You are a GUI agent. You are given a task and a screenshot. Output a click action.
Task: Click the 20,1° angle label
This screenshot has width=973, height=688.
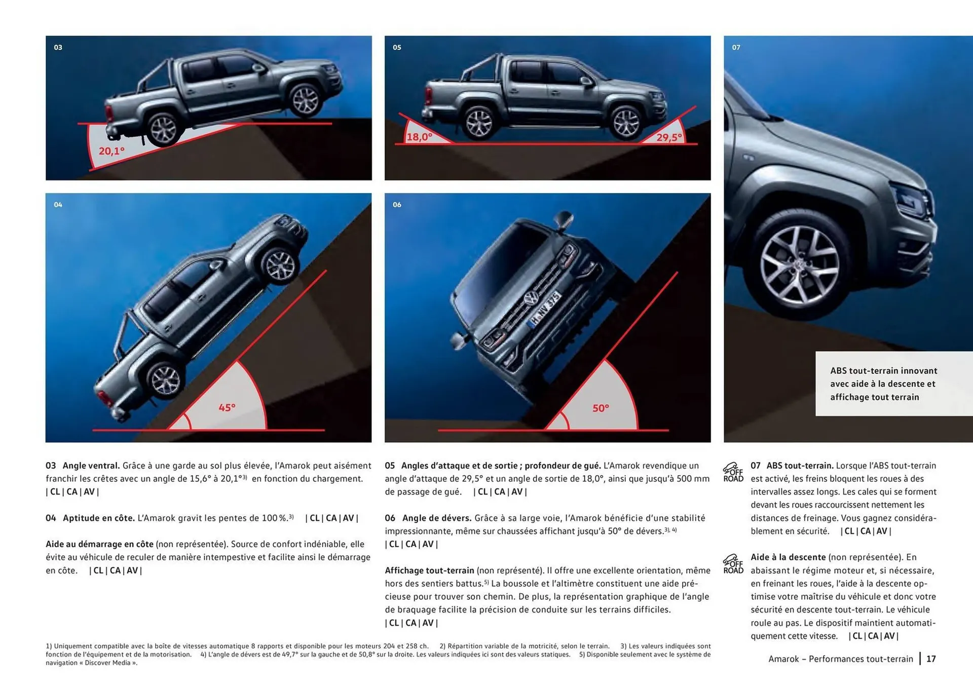coord(111,151)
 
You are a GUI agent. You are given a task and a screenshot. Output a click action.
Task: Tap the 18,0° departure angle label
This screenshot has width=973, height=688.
coord(420,137)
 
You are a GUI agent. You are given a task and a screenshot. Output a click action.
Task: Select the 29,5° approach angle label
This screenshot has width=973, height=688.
coord(669,137)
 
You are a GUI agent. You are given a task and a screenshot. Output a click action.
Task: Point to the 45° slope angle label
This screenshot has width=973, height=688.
coord(227,408)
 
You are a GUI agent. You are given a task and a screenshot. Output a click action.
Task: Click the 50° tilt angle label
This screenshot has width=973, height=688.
coord(601,408)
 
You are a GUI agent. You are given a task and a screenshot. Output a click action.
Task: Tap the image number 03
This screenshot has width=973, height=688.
coord(58,48)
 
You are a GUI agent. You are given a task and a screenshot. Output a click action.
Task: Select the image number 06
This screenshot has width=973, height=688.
coord(397,205)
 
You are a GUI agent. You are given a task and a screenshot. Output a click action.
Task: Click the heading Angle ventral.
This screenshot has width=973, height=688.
coord(91,466)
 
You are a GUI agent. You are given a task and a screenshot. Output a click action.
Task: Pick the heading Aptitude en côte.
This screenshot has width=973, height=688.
coord(99,518)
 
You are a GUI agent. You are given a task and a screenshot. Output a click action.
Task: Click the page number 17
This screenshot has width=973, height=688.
coord(931,659)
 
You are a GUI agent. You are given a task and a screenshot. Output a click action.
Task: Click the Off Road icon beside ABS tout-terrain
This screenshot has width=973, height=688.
coord(733,472)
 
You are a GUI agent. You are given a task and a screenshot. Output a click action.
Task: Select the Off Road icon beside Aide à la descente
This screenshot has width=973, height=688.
coord(733,564)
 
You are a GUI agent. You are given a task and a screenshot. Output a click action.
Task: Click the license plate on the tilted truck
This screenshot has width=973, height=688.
coord(544,309)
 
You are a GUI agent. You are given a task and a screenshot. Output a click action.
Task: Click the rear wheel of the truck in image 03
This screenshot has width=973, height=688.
coord(164,129)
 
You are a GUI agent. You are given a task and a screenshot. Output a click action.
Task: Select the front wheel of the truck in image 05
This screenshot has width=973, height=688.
coord(626,123)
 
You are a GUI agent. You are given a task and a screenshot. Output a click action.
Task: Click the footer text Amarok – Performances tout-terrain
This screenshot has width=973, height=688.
coord(840,659)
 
